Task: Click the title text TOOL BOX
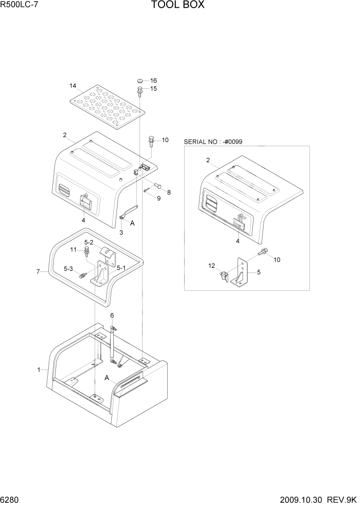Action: point(177,6)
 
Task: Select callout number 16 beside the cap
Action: point(153,81)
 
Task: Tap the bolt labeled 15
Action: point(139,92)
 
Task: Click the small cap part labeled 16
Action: point(139,81)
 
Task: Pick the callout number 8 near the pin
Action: point(169,192)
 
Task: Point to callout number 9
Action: point(158,198)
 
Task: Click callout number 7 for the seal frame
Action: point(38,271)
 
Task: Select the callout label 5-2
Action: point(89,242)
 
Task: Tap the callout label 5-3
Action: point(68,268)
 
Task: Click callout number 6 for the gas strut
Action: point(112,315)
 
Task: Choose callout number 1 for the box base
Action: point(38,369)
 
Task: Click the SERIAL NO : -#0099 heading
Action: point(213,141)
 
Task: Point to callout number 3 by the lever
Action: point(121,232)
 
